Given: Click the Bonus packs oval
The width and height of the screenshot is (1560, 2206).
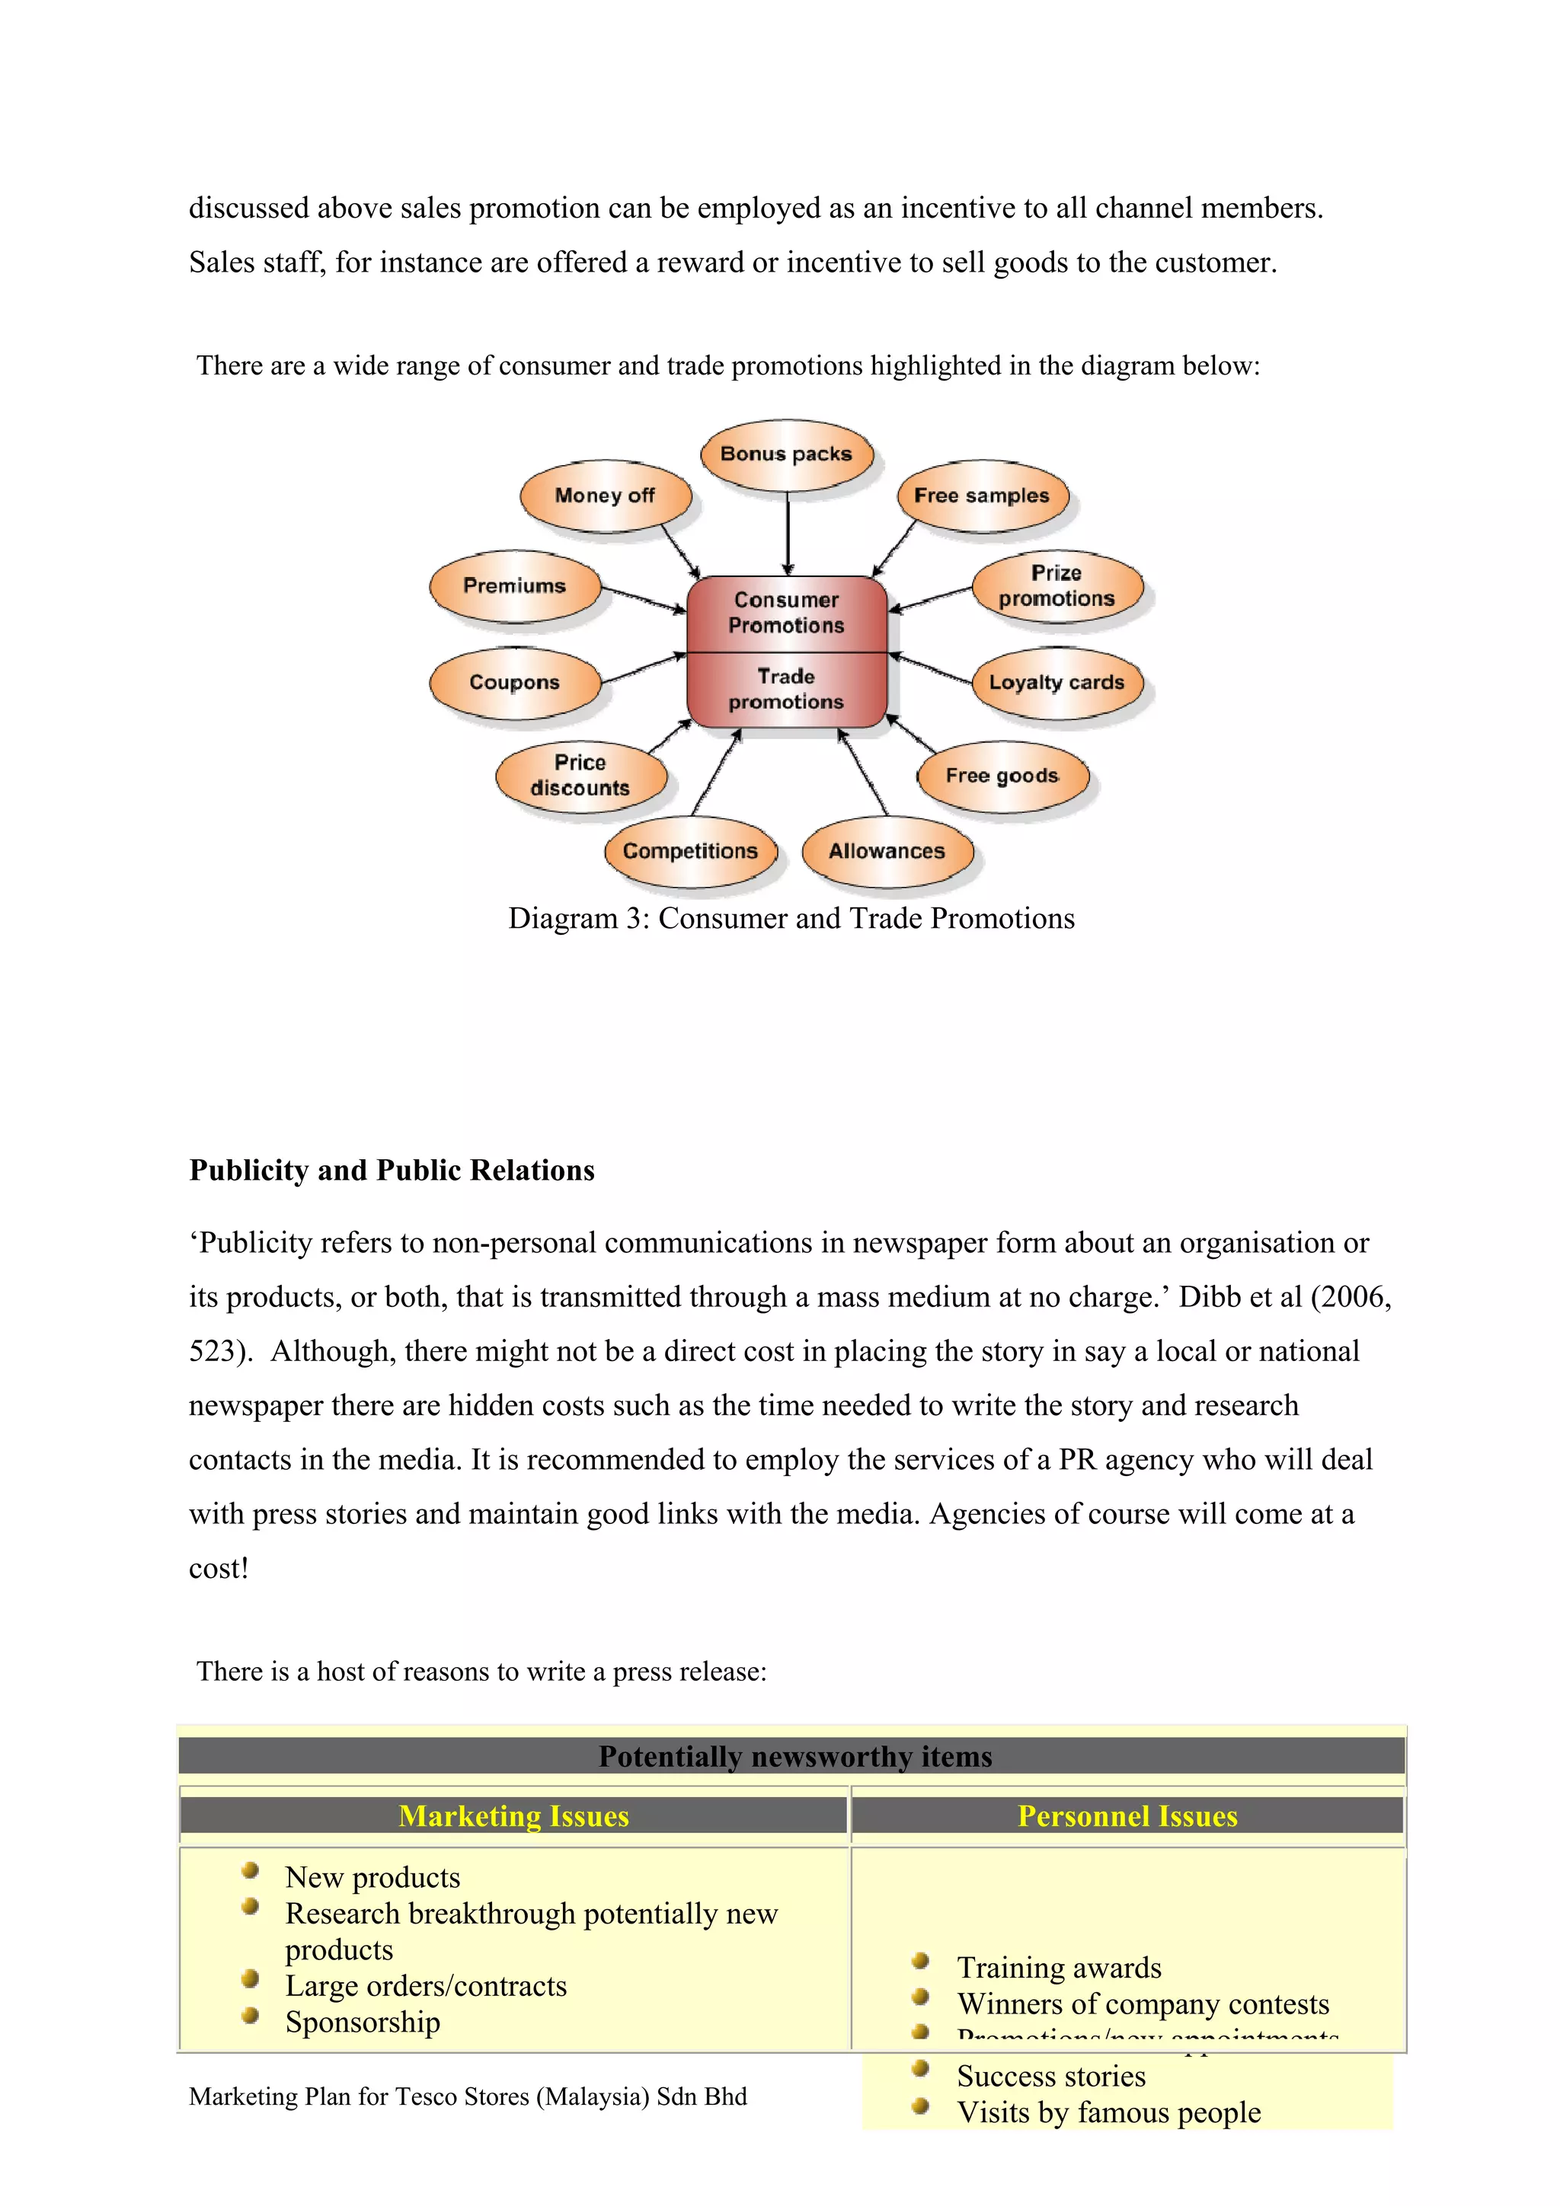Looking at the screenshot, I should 786,454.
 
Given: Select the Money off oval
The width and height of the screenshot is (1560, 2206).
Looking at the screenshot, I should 605,496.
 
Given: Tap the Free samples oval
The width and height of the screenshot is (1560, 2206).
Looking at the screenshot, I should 981,496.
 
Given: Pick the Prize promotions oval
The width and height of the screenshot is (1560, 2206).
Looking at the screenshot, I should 1057,586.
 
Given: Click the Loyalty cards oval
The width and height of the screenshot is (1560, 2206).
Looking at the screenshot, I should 1057,682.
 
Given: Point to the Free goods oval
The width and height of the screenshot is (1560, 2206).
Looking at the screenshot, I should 1002,776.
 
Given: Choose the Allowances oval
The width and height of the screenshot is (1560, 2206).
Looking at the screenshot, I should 886,851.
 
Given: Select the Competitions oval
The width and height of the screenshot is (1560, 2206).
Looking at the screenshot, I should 690,851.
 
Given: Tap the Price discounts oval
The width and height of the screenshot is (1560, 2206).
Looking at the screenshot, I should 580,776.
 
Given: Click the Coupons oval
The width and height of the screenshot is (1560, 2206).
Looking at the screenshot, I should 514,682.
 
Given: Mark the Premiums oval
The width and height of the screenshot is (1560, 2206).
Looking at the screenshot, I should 514,586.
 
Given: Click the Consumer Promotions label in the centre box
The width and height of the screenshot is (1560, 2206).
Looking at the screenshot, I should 786,613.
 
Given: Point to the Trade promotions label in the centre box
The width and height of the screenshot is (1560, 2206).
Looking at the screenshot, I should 786,690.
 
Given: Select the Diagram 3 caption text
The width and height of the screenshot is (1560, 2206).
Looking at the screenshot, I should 791,919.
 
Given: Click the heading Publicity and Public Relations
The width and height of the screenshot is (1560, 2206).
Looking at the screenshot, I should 392,1170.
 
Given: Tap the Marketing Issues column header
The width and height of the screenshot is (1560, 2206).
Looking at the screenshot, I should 513,1816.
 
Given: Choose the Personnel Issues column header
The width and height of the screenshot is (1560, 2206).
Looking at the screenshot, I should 1127,1816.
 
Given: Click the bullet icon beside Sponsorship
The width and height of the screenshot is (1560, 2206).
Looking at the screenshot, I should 251,2016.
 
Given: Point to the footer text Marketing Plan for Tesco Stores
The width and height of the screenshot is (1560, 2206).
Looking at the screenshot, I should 468,2096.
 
